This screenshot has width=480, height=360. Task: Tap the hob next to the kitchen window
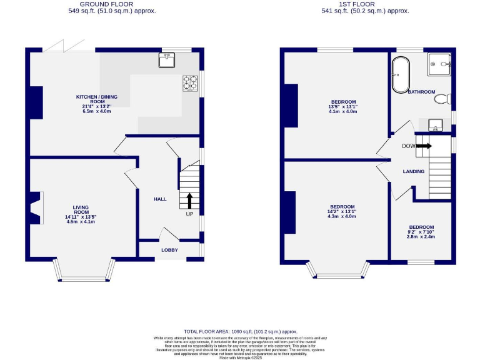[190, 83]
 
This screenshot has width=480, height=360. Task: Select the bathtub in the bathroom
[399, 75]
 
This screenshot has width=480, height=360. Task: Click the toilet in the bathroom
[444, 98]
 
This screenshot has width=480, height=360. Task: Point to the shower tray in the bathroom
[441, 62]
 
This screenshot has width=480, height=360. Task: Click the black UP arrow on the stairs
[189, 200]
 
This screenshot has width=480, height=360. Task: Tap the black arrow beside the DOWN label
[423, 146]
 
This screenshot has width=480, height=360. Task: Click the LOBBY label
[169, 250]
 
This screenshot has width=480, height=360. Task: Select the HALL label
[161, 199]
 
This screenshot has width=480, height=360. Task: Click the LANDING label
[414, 171]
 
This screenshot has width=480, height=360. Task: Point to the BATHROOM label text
[421, 92]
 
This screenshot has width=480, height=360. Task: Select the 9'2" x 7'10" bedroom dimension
[421, 232]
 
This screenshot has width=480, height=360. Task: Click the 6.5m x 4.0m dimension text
[96, 111]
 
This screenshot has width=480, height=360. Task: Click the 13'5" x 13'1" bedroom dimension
[343, 107]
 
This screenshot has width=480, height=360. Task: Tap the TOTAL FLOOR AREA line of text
[241, 332]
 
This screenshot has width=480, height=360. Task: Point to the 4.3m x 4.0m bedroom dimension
[342, 217]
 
